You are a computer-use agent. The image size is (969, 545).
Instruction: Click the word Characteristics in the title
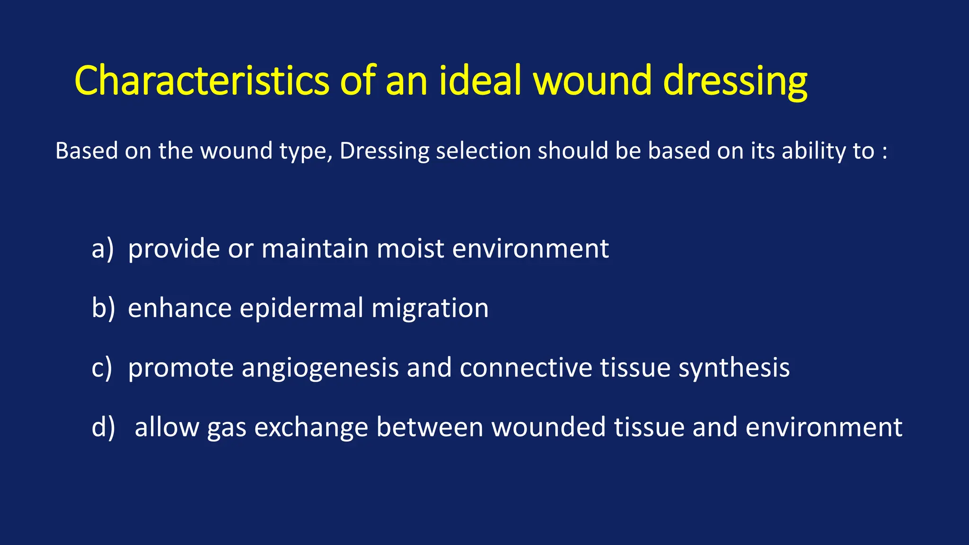(x=202, y=80)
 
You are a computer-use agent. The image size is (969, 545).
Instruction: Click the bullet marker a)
(x=103, y=249)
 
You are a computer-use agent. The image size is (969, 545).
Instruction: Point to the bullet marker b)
(x=103, y=308)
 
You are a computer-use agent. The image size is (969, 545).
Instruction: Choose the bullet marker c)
(x=102, y=368)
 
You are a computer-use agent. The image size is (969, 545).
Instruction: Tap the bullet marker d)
(x=103, y=427)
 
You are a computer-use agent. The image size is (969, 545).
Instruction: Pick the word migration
(x=430, y=309)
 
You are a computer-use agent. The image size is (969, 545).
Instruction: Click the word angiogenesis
(x=320, y=369)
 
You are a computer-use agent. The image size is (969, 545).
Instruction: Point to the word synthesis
(x=734, y=369)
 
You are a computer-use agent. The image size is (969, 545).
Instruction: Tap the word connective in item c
(x=526, y=368)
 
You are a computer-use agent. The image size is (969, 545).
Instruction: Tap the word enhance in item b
(x=180, y=308)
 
